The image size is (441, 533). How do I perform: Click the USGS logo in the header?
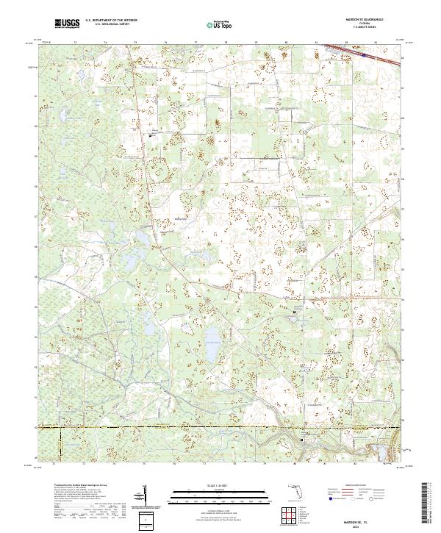[66, 24]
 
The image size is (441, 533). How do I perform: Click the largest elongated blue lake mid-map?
[212, 344]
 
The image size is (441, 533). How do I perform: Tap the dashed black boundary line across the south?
[220, 428]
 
